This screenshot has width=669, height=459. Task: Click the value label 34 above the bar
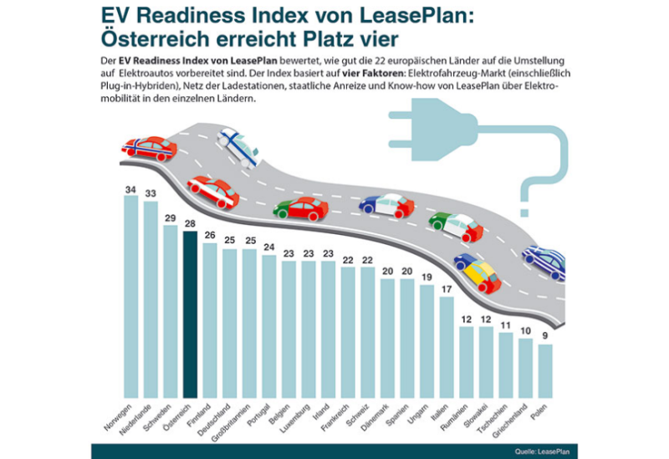(130, 190)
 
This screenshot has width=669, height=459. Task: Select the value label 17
(447, 290)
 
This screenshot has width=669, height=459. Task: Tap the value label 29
(170, 218)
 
